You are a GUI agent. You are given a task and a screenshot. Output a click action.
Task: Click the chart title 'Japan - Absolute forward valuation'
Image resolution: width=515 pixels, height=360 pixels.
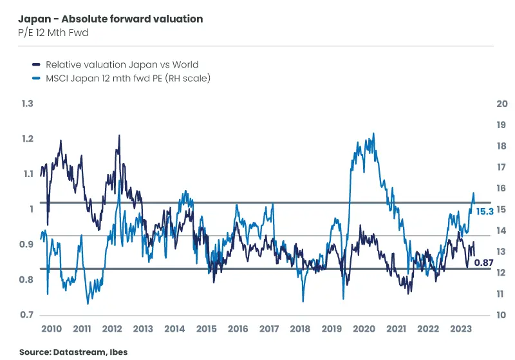[111, 19]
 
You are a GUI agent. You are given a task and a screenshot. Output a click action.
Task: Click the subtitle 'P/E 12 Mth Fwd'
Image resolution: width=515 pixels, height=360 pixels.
[53, 33]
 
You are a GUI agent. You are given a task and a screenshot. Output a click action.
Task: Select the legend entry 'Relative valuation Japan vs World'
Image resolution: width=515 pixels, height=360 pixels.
[122, 64]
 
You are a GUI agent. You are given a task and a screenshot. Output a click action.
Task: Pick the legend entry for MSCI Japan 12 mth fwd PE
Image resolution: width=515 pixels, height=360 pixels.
[128, 78]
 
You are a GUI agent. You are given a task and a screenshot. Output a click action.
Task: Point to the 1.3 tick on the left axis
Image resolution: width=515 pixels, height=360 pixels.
[26, 104]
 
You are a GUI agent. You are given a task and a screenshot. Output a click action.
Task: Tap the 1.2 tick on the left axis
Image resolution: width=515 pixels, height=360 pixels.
[26, 139]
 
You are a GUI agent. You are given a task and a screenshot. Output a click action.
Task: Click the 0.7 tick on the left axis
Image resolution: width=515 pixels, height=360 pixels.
[26, 315]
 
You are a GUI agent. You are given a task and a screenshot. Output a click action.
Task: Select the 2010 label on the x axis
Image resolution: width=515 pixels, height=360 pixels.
[51, 329]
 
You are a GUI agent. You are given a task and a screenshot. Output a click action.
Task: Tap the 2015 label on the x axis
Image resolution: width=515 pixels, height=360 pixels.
[207, 329]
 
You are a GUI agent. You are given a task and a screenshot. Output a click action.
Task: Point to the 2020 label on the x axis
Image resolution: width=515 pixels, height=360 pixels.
[364, 329]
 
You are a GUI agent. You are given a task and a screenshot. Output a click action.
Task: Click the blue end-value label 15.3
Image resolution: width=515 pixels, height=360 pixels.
[485, 211]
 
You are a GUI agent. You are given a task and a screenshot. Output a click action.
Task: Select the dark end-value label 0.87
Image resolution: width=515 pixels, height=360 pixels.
[483, 262]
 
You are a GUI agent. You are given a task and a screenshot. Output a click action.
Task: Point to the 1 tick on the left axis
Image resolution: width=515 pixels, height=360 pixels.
[30, 209]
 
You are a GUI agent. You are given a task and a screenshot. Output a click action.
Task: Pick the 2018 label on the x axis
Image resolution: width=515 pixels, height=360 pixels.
[301, 329]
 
